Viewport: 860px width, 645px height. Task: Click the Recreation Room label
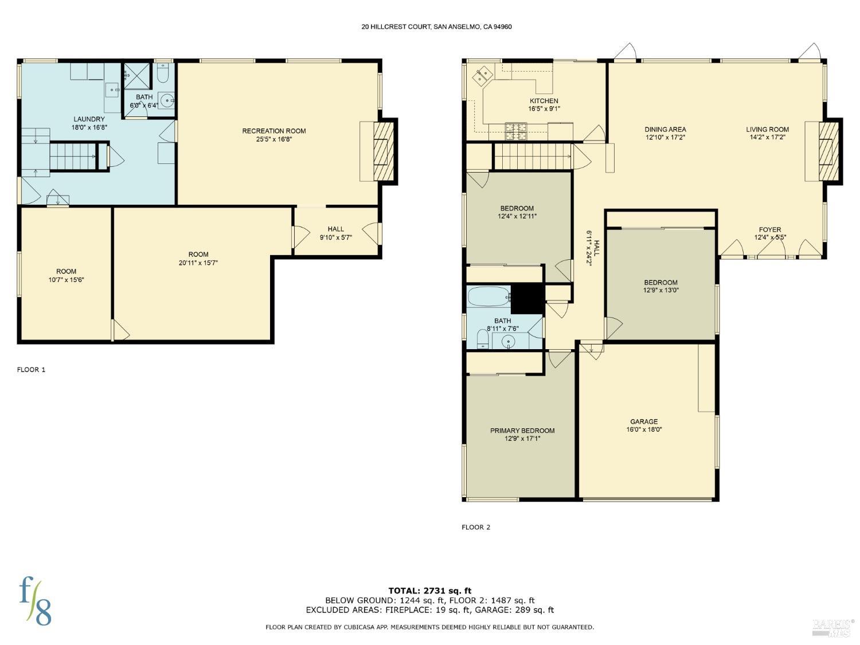(x=274, y=131)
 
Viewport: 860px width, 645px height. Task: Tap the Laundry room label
(x=89, y=119)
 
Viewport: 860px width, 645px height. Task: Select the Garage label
(x=644, y=421)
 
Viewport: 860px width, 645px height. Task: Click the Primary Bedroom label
(x=522, y=431)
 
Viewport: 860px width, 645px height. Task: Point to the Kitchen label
(x=544, y=101)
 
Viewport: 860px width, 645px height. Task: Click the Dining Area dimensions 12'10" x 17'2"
(x=665, y=138)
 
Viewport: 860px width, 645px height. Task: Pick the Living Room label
(x=767, y=130)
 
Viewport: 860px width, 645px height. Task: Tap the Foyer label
(x=769, y=229)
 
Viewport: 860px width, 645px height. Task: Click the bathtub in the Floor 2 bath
(x=488, y=297)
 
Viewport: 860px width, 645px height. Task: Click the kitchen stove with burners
(x=515, y=131)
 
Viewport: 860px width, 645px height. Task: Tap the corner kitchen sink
(x=482, y=75)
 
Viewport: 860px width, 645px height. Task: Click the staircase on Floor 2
(x=533, y=157)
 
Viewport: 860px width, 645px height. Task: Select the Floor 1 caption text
(x=31, y=370)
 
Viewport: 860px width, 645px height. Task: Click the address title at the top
(x=436, y=26)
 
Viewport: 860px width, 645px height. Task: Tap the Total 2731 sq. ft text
(x=429, y=591)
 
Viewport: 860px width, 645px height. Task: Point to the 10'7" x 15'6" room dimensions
(x=66, y=280)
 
